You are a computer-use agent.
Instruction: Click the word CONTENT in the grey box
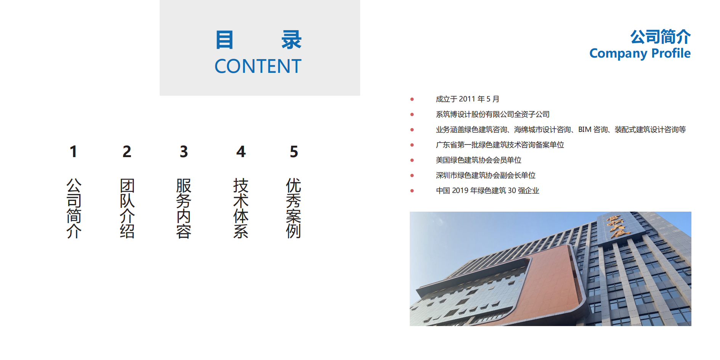click(x=258, y=66)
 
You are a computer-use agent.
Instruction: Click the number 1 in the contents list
click(x=74, y=152)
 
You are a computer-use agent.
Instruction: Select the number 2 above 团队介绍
click(x=127, y=152)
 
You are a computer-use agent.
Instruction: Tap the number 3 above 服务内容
click(x=184, y=152)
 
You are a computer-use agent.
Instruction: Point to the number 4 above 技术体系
click(x=241, y=152)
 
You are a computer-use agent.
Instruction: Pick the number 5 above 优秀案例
click(x=294, y=152)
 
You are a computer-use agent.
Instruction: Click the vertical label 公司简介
click(x=74, y=208)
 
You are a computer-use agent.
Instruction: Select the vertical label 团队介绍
click(x=127, y=208)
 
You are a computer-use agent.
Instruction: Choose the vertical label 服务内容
click(x=184, y=208)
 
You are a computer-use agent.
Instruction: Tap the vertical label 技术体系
click(x=241, y=208)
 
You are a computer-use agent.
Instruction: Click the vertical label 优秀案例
click(x=293, y=208)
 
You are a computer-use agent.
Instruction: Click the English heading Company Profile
click(x=640, y=53)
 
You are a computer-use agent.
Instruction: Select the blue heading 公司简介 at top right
click(x=660, y=37)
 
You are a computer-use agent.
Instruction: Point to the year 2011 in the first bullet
click(x=467, y=99)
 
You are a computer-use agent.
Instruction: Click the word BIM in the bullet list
click(x=585, y=130)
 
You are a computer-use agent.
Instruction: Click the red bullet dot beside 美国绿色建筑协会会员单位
click(x=412, y=160)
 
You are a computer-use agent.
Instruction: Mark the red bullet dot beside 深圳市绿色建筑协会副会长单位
click(x=412, y=175)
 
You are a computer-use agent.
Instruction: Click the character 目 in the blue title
click(x=224, y=40)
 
